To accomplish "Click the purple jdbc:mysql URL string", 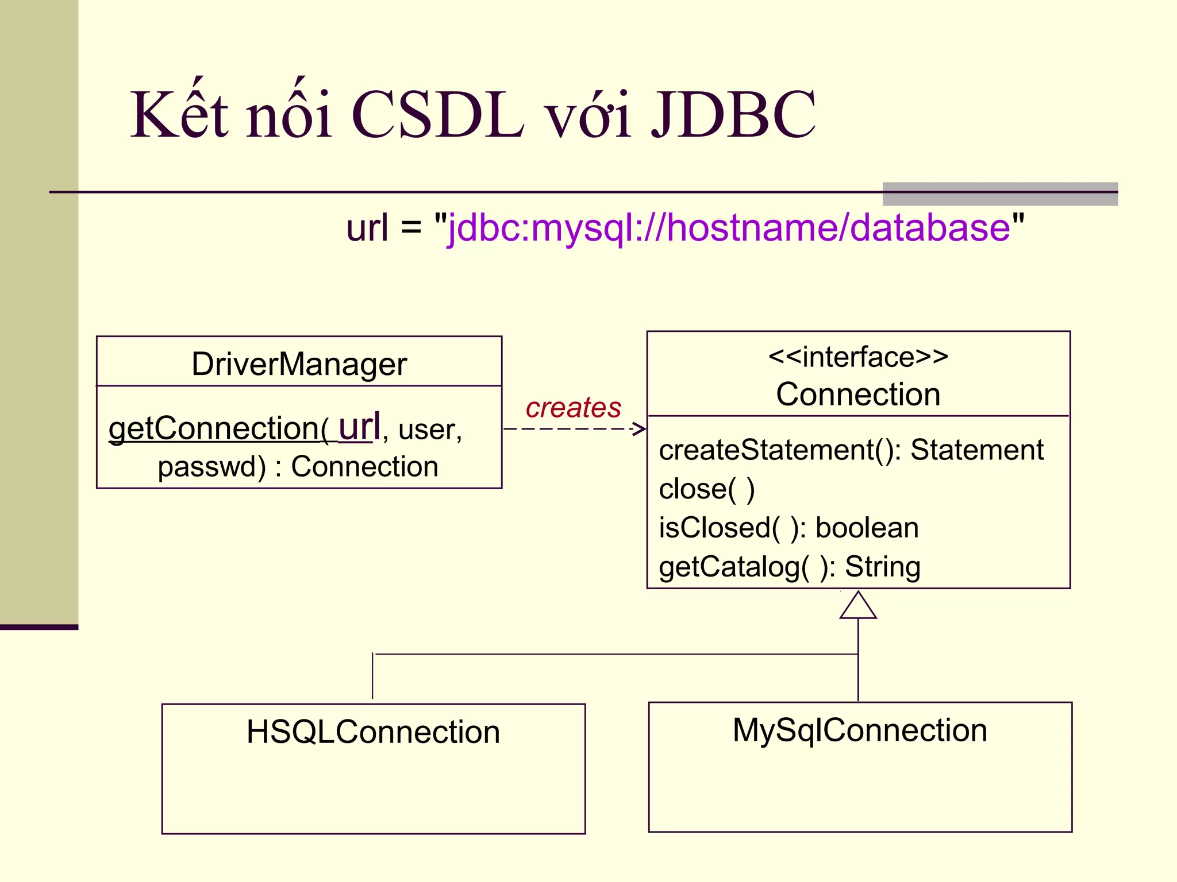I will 729,228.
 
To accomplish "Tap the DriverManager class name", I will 299,364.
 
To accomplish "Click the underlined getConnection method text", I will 218,428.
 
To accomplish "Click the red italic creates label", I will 573,407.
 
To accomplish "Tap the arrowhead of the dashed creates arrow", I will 640,428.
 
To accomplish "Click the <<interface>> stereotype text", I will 858,357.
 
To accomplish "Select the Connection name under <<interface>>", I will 858,394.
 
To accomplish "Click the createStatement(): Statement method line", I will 851,450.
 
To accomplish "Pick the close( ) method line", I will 706,489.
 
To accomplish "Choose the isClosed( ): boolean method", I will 788,528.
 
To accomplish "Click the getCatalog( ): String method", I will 790,567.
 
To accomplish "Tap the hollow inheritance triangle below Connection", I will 858,607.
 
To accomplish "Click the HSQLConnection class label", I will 373,732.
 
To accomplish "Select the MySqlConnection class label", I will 860,730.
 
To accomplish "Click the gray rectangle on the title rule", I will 1000,194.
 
